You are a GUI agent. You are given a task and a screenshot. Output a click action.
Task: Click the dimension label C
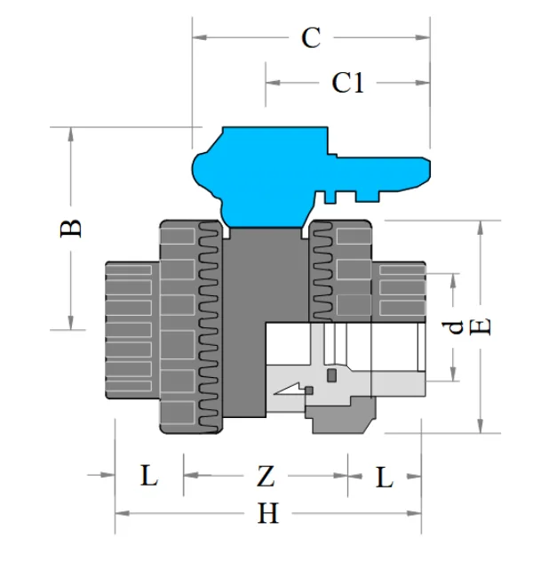click(x=310, y=38)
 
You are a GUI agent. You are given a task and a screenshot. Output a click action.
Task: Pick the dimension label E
click(x=480, y=326)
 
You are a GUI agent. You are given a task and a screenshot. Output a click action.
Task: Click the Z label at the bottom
click(x=265, y=477)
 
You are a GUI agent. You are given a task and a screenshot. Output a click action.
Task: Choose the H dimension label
click(x=268, y=513)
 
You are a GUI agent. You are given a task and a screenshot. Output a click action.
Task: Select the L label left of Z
click(x=148, y=477)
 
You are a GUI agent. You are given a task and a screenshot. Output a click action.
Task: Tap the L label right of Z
click(x=383, y=477)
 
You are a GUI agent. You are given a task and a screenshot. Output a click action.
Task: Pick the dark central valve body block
click(x=243, y=320)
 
